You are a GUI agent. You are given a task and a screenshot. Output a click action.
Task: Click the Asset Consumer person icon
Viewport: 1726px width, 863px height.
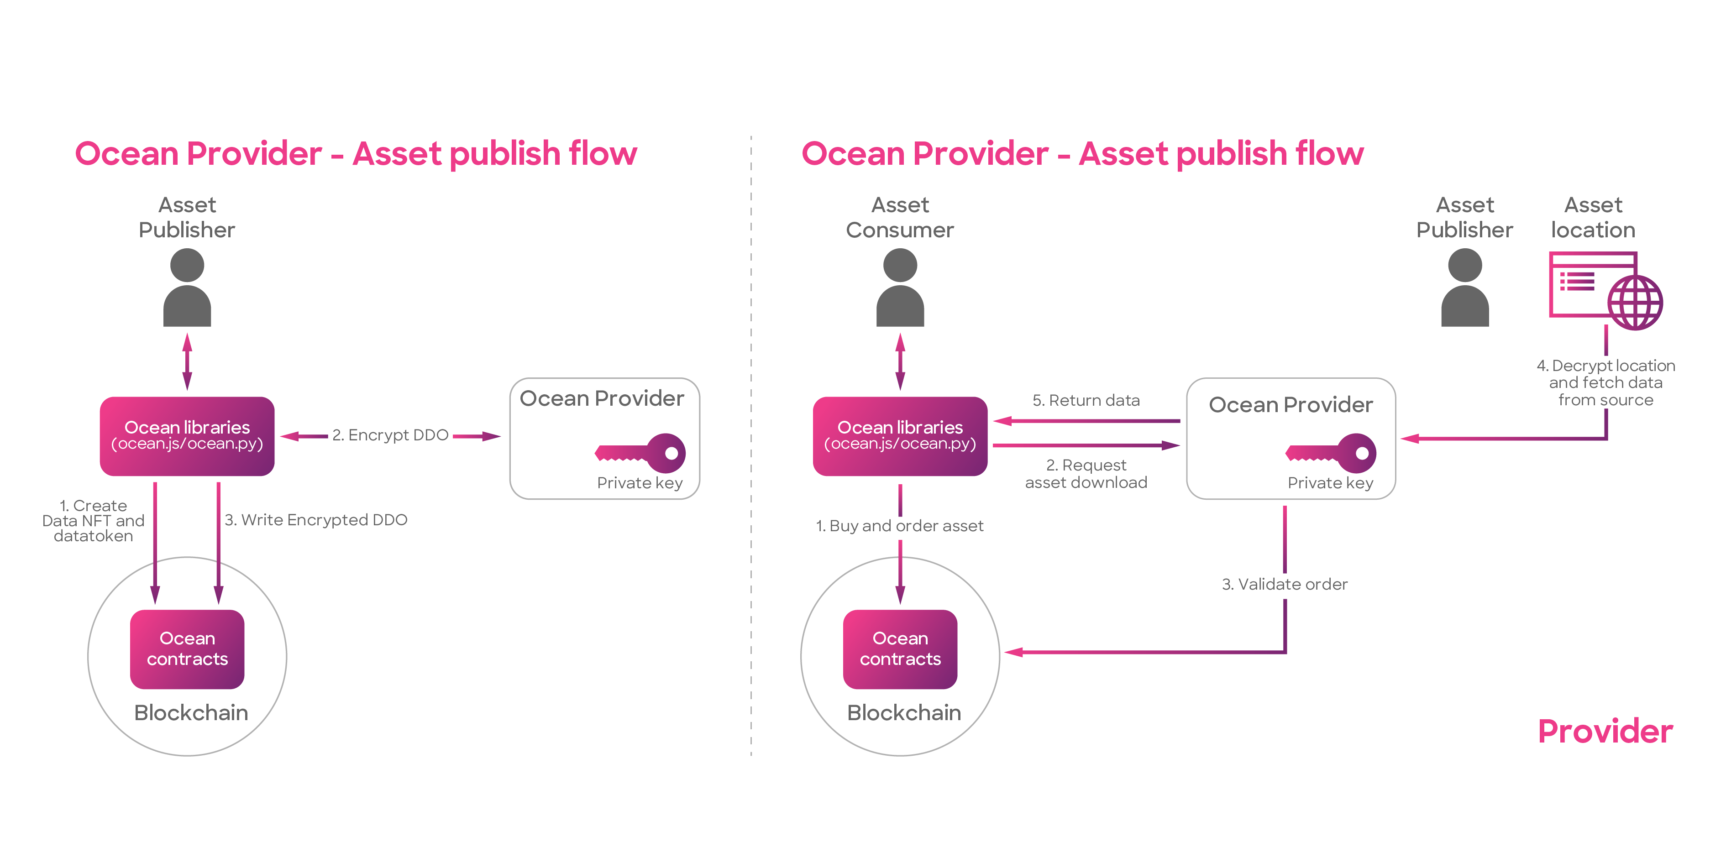[x=900, y=288]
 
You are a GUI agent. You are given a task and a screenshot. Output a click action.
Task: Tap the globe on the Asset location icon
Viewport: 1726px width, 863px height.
[x=1636, y=303]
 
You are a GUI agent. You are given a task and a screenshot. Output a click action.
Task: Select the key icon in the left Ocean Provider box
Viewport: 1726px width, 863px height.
[x=640, y=453]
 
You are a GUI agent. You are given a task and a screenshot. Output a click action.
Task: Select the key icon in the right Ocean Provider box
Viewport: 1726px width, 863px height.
[x=1331, y=453]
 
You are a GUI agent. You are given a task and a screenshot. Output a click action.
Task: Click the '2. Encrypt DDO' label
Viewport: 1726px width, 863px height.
[x=390, y=435]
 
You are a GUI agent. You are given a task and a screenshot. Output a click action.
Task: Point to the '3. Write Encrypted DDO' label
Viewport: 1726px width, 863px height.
[x=315, y=520]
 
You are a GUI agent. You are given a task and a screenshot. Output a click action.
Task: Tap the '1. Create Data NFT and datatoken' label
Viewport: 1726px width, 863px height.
[x=93, y=521]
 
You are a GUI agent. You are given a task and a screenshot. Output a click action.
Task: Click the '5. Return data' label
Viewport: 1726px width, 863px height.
[x=1086, y=400]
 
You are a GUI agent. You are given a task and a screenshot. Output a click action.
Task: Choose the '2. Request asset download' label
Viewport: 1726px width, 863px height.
[x=1086, y=474]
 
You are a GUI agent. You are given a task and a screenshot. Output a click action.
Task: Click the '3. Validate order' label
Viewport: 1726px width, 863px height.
[x=1285, y=584]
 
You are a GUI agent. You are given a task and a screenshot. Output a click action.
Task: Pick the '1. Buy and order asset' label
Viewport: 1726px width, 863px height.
[x=900, y=526]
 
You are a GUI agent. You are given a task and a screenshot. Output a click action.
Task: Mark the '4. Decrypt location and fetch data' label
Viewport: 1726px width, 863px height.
[x=1605, y=382]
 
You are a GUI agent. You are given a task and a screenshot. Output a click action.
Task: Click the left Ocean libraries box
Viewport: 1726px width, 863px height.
[x=187, y=436]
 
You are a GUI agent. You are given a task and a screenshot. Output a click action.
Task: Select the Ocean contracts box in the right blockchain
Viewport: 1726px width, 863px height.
[x=900, y=649]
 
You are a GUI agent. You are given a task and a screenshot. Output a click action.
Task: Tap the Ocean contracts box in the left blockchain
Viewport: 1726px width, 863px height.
[x=187, y=649]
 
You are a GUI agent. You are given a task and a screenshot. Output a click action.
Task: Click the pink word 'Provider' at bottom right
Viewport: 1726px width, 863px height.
[x=1605, y=731]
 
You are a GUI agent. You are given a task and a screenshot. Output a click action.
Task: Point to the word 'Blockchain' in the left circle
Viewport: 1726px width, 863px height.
[x=191, y=712]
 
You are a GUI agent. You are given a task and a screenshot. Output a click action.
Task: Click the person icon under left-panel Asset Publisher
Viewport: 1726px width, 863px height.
[x=187, y=288]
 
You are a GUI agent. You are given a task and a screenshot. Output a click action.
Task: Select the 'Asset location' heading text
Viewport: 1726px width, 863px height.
[x=1593, y=217]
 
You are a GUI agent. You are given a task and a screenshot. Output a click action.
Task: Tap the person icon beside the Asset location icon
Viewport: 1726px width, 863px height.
[x=1465, y=288]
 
